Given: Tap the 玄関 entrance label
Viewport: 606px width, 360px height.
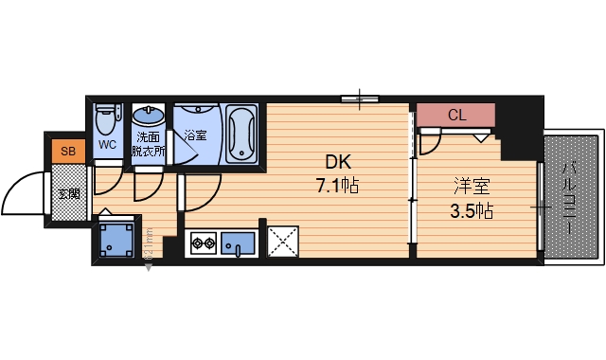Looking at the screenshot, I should pos(68,196).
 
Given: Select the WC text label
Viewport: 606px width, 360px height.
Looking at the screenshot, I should pos(107,145).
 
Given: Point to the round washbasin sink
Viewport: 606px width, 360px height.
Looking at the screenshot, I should pos(147,117).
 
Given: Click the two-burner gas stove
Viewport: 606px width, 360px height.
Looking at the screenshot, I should pos(203,244).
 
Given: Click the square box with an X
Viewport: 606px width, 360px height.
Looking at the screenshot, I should pos(283,242).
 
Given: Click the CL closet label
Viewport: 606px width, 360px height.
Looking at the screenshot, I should pos(456,116).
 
